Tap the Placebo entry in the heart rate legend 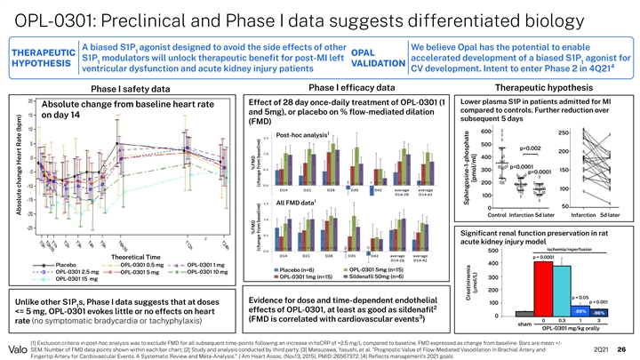(63, 264)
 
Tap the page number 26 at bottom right (622, 348)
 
